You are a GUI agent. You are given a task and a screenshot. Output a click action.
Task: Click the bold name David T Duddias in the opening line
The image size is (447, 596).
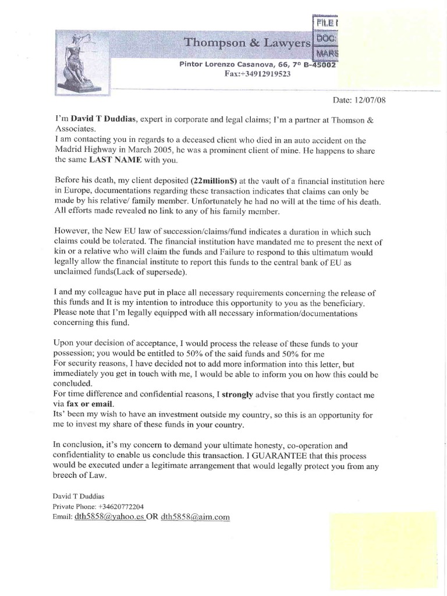[104, 118]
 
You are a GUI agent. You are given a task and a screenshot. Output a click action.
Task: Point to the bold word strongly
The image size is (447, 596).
[236, 393]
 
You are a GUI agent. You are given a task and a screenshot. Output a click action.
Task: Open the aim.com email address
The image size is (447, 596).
[196, 516]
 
